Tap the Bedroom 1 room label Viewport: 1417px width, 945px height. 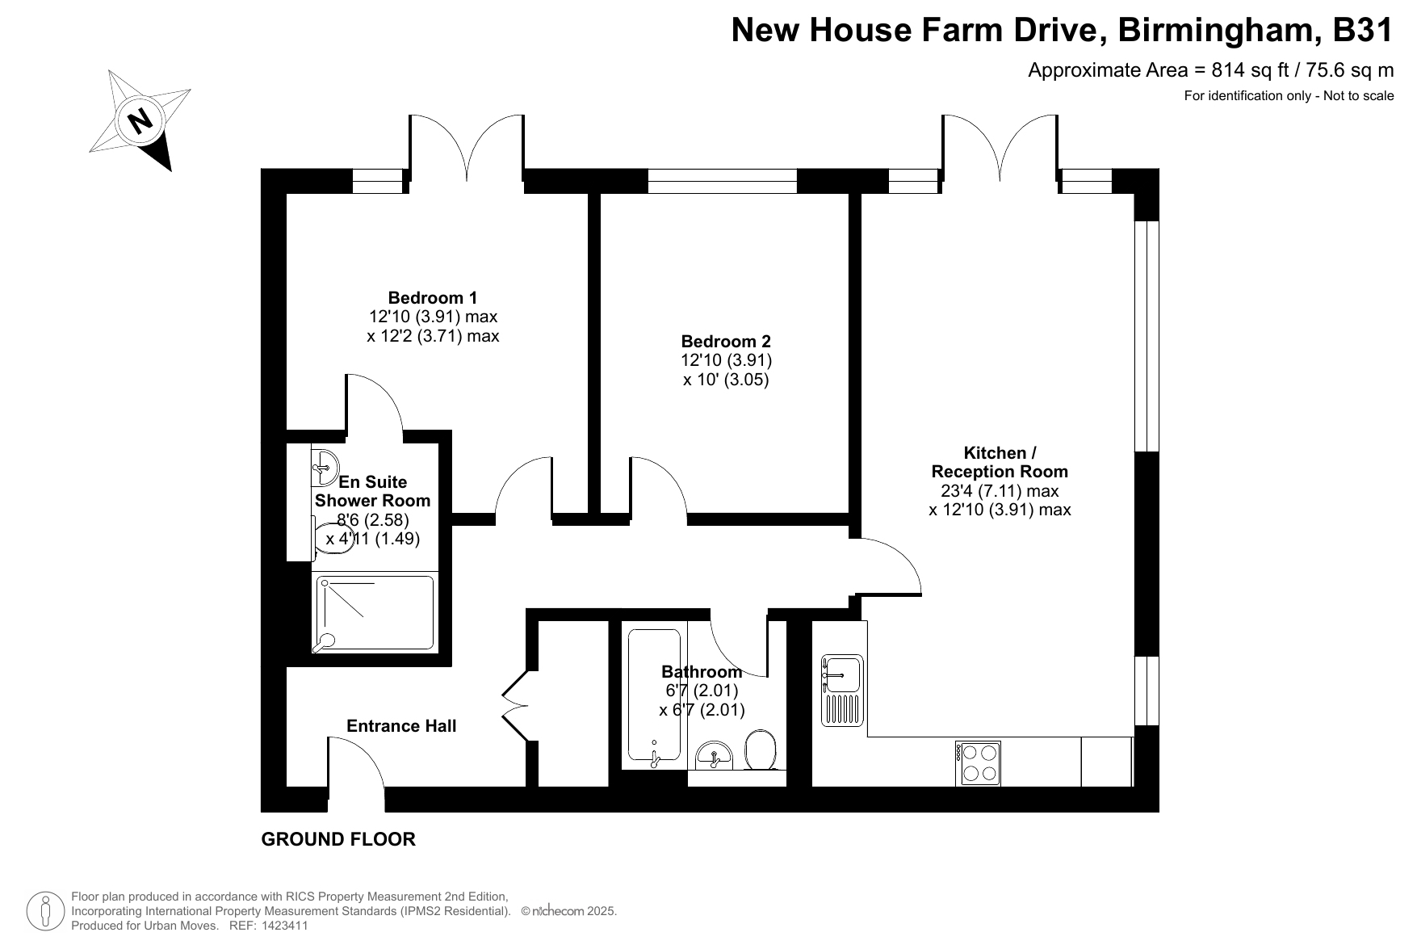click(x=433, y=297)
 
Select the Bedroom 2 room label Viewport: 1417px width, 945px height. click(x=726, y=341)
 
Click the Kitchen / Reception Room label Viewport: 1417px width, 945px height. click(x=1000, y=462)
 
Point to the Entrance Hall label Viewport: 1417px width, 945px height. click(x=401, y=726)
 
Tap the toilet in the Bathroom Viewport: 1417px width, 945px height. click(x=761, y=750)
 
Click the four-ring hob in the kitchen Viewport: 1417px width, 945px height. click(x=979, y=762)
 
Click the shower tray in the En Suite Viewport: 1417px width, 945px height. click(x=375, y=613)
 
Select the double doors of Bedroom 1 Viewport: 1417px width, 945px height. click(x=467, y=147)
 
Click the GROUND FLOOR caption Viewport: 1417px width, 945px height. click(x=338, y=839)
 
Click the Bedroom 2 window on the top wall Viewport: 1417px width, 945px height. click(x=722, y=181)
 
